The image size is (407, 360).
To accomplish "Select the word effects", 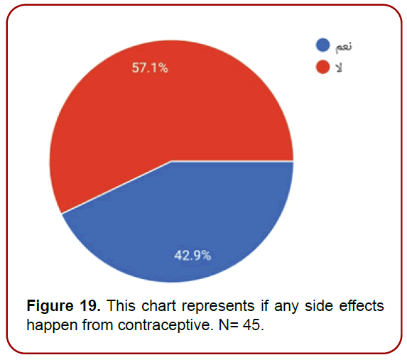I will coord(360,307).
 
